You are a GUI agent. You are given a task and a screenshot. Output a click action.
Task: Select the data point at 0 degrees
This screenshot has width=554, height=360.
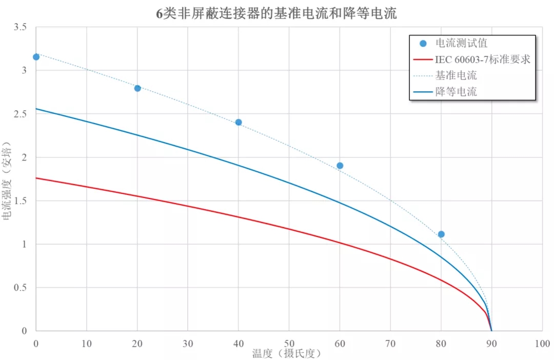tap(36, 57)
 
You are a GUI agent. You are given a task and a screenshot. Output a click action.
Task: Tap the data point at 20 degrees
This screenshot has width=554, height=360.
tap(137, 88)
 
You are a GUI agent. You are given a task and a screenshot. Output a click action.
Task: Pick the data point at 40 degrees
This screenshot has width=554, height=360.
tap(239, 122)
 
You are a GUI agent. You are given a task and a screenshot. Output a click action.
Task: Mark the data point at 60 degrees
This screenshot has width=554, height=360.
tap(340, 166)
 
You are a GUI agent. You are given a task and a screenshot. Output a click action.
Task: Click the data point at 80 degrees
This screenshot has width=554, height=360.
tap(441, 234)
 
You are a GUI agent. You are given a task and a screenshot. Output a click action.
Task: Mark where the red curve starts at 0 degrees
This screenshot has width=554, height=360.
tap(36, 178)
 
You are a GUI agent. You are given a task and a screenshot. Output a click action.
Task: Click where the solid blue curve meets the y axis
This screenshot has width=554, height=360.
tap(36, 109)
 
